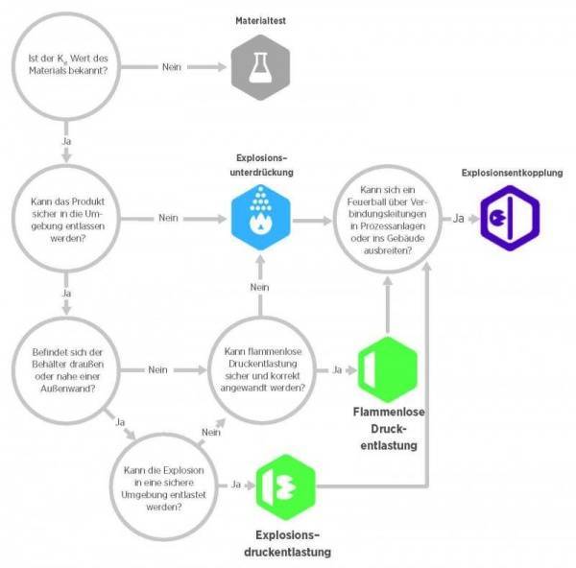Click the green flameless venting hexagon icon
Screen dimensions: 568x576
[387, 369]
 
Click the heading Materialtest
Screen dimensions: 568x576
[258, 20]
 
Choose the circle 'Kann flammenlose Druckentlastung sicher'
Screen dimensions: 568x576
[260, 369]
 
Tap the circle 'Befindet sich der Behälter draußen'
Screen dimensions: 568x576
[64, 369]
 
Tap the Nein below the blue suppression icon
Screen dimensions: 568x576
[258, 287]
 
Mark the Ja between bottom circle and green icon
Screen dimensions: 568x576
[236, 485]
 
